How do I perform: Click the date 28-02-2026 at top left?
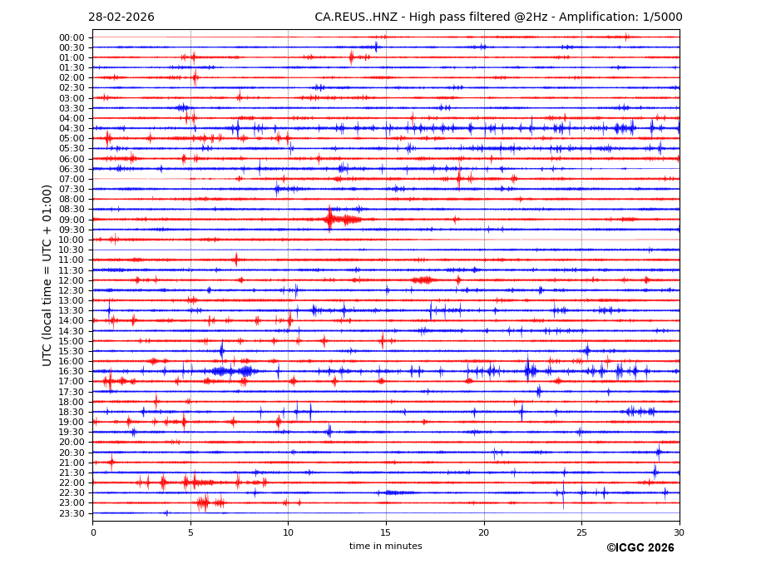tap(121, 17)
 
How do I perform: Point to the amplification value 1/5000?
tap(662, 17)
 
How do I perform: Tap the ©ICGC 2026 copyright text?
tap(640, 547)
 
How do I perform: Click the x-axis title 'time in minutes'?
tap(385, 546)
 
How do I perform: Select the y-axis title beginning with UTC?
tap(48, 275)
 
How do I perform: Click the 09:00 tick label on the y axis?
tap(72, 220)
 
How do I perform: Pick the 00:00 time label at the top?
tap(72, 37)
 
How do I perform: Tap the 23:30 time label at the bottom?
tap(72, 513)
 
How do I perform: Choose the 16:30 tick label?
tap(72, 371)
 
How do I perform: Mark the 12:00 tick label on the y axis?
tap(72, 280)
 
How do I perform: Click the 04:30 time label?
tap(72, 128)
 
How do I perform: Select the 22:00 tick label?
tap(72, 482)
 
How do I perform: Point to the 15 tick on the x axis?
tap(386, 532)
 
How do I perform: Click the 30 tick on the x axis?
tap(679, 532)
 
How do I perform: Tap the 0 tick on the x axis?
tap(93, 532)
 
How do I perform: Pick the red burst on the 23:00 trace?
tap(205, 502)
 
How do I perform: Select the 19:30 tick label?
tap(72, 432)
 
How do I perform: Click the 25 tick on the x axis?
tap(581, 532)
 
